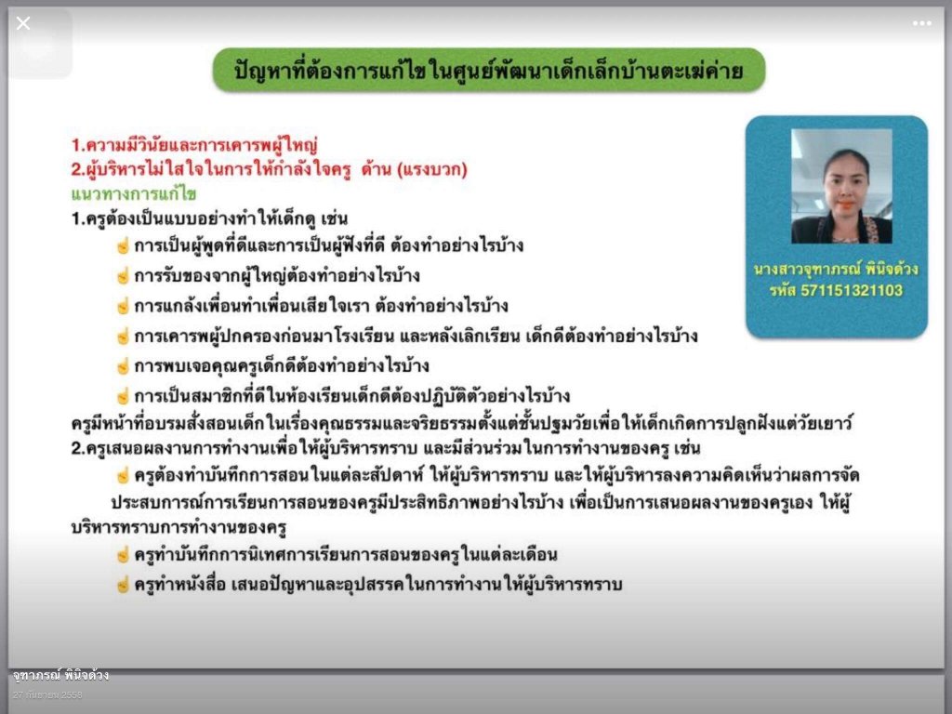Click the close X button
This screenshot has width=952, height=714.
tap(23, 23)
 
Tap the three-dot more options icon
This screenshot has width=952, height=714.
tap(921, 23)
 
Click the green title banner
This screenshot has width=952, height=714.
tap(489, 71)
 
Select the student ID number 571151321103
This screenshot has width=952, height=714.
tap(852, 290)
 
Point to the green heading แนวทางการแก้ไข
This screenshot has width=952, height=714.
tap(134, 193)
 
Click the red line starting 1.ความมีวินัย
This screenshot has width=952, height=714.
tap(194, 145)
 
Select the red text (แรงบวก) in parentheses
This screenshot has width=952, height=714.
tap(431, 169)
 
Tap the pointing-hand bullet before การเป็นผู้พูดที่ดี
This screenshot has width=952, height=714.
tap(124, 245)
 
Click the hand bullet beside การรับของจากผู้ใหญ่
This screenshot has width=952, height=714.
tap(124, 275)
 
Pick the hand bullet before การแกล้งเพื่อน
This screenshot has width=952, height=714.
tap(124, 306)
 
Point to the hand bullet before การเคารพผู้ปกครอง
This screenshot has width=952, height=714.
tap(124, 336)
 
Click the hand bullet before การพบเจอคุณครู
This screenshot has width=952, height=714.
tap(124, 366)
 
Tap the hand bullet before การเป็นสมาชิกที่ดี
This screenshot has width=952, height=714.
tap(124, 396)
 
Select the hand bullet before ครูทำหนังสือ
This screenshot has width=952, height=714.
tap(124, 585)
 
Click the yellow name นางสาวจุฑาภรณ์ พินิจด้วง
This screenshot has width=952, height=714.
tap(836, 269)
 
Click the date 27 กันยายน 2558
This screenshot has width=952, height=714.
tap(47, 694)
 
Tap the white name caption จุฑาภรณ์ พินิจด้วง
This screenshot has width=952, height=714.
tap(60, 675)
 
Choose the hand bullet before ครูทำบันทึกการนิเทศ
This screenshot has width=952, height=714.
tap(124, 554)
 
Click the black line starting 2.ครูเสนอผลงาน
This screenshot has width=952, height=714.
tap(386, 449)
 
